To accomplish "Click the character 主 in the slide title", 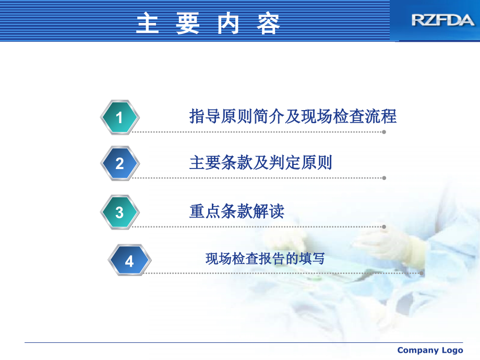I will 148,23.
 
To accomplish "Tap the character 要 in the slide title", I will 188,23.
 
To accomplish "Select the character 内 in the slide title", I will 228,23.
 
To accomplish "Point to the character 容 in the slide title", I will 268,23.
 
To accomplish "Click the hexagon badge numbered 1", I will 119,117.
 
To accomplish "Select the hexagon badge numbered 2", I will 119,163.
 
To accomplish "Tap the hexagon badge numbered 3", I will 119,212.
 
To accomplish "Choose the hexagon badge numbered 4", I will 129,260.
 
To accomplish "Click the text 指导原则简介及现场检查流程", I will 293,116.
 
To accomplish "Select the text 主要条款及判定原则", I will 260,163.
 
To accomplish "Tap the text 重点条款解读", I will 236,211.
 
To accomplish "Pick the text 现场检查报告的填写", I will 265,258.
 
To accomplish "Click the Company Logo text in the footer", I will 430,350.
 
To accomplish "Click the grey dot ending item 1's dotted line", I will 384,132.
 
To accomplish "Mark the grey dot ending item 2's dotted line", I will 384,178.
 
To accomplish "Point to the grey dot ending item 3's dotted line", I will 384,227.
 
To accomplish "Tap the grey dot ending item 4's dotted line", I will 422,273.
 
